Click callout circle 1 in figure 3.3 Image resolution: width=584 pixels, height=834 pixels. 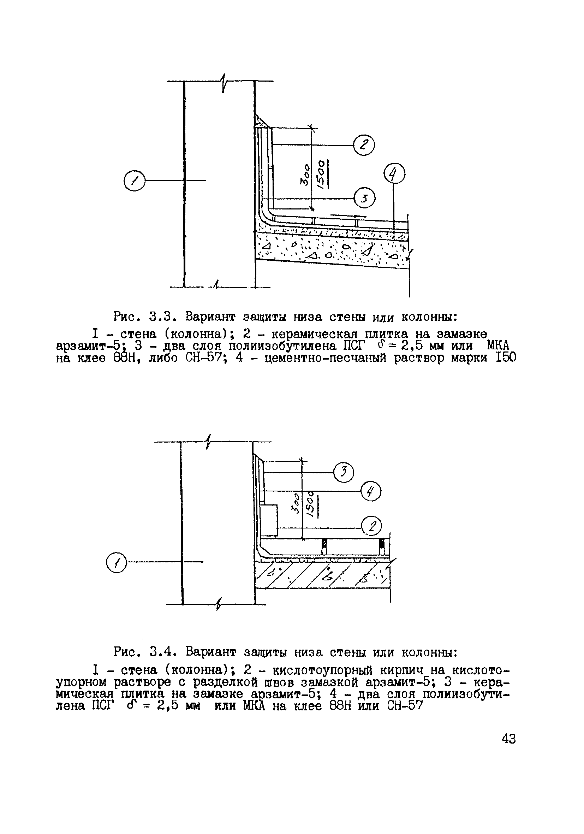pos(135,181)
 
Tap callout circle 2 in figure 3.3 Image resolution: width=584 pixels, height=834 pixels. pos(364,144)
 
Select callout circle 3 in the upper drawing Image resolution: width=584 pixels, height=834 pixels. pos(365,198)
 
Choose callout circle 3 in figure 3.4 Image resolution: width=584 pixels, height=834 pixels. pos(344,472)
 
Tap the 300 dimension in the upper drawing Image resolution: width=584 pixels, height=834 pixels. pos(305,175)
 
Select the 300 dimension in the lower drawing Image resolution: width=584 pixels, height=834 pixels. pos(296,503)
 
